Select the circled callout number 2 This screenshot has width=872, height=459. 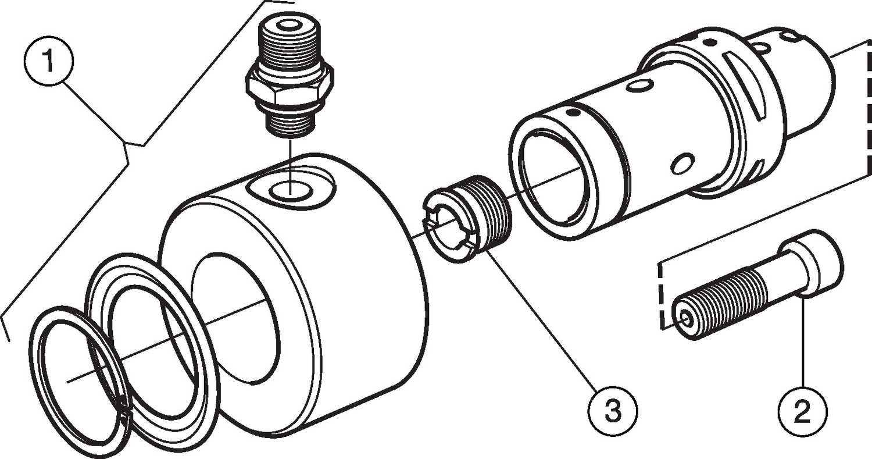[802, 411]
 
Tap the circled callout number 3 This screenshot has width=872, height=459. [613, 411]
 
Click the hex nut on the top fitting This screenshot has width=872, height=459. [290, 87]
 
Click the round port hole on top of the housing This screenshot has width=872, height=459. [291, 191]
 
